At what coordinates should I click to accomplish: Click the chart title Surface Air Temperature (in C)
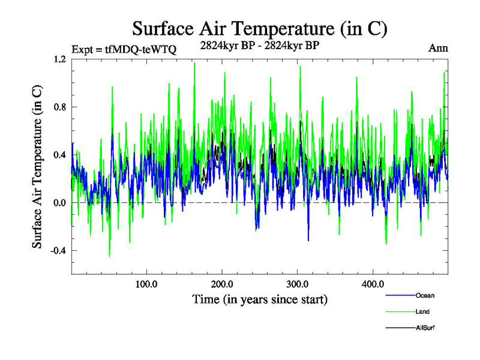[x=260, y=28]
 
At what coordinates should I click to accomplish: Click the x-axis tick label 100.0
[x=146, y=284]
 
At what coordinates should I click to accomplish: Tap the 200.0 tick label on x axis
[x=222, y=284]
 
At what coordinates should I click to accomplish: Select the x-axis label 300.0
[x=298, y=284]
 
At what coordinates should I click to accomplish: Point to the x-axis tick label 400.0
[x=373, y=284]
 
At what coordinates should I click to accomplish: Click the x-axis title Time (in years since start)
[x=260, y=299]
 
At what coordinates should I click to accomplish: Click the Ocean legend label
[x=425, y=295]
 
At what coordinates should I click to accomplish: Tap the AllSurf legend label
[x=425, y=328]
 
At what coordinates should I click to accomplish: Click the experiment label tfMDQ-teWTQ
[x=124, y=49]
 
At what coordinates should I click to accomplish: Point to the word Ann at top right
[x=438, y=48]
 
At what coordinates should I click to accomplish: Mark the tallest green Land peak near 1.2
[x=194, y=63]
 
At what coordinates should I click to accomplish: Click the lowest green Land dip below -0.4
[x=109, y=256]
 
